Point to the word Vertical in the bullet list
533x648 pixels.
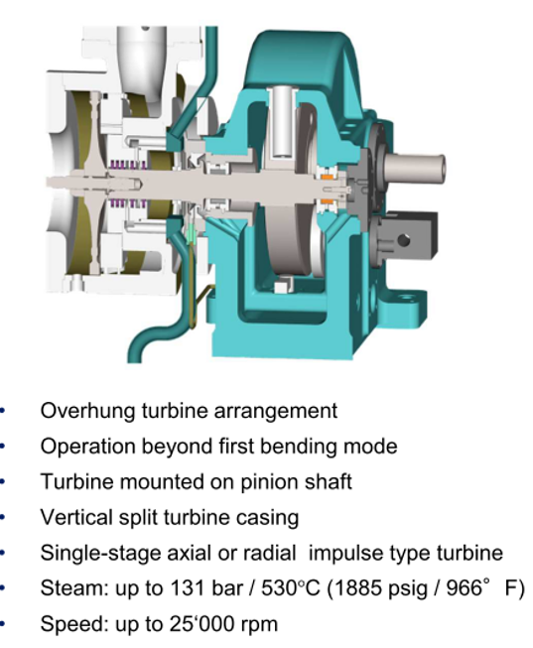(x=76, y=517)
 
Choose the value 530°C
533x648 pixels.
(x=291, y=588)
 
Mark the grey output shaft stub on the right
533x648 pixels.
(x=415, y=168)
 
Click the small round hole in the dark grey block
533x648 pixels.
(x=403, y=240)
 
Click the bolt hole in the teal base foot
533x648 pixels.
(x=407, y=297)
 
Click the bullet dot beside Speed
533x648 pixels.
(x=2, y=624)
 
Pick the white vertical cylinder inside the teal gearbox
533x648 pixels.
(x=284, y=121)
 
